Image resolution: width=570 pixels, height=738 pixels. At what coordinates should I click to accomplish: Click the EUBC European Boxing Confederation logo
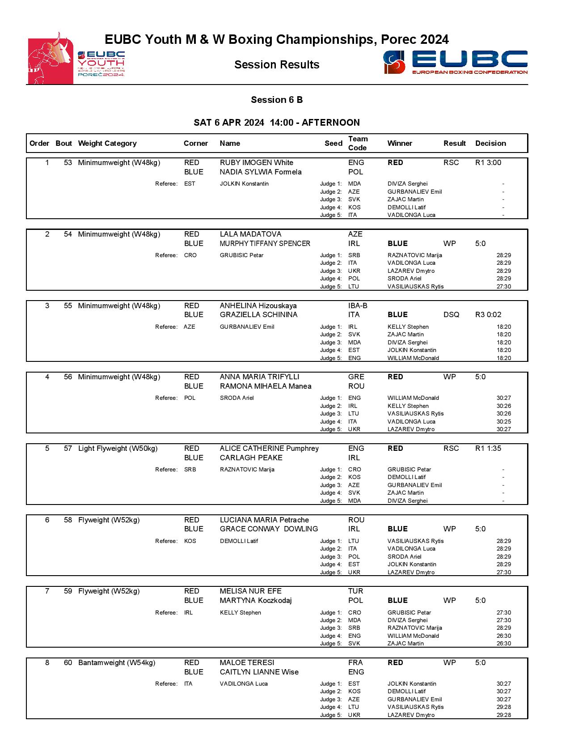click(x=455, y=62)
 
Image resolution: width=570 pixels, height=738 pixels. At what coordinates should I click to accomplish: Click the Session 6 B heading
click(x=277, y=100)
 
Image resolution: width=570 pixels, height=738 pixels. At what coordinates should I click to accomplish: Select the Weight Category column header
click(x=107, y=143)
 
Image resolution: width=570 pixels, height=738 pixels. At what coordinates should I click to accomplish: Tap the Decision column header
click(x=490, y=143)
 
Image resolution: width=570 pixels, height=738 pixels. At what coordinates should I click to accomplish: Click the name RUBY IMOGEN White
click(x=256, y=162)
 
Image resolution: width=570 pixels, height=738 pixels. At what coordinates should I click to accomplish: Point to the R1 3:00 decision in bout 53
click(x=488, y=162)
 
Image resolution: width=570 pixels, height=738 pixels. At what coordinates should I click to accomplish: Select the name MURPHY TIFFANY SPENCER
click(x=265, y=243)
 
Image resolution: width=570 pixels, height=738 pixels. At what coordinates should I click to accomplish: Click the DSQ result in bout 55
click(x=451, y=314)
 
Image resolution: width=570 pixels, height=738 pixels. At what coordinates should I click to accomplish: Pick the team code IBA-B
click(x=358, y=305)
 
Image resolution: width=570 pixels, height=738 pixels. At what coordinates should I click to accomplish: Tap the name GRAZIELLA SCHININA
click(x=258, y=314)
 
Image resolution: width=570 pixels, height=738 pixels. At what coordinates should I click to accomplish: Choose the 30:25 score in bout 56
click(x=503, y=421)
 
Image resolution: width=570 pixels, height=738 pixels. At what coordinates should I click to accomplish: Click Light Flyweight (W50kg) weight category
click(x=118, y=448)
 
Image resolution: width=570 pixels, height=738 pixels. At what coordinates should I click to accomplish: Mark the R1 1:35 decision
click(x=488, y=448)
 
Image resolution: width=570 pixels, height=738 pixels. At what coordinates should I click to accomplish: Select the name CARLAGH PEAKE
click(x=251, y=458)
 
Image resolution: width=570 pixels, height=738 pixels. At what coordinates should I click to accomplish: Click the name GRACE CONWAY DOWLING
click(x=269, y=529)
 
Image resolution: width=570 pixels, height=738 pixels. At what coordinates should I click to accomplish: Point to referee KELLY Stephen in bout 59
click(x=240, y=612)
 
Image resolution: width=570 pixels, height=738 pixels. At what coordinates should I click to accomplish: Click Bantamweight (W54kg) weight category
click(x=117, y=662)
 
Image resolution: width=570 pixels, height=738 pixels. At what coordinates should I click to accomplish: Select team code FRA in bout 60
click(x=355, y=662)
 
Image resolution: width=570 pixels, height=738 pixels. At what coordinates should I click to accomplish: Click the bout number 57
click(x=68, y=448)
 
